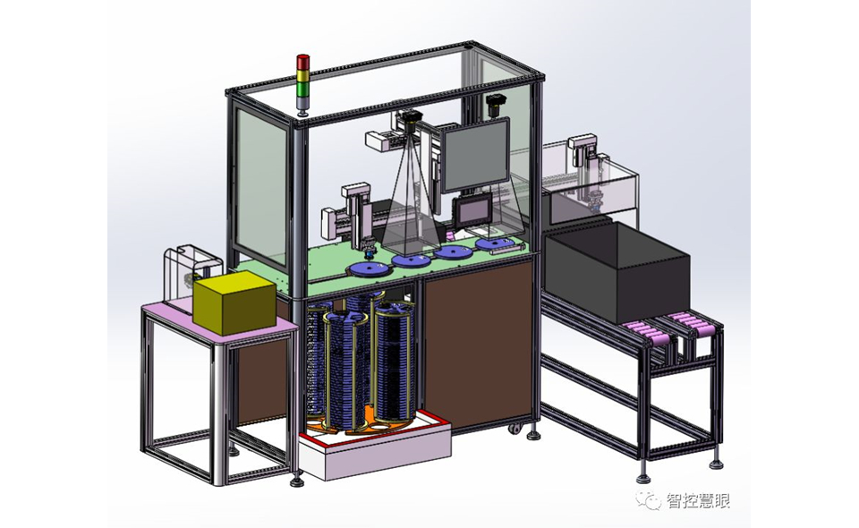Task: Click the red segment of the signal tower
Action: (302, 62)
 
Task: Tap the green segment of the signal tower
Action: (302, 89)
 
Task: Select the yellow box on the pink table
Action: (234, 302)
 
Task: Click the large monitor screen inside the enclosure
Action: (475, 155)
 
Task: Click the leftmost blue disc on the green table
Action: (370, 269)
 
